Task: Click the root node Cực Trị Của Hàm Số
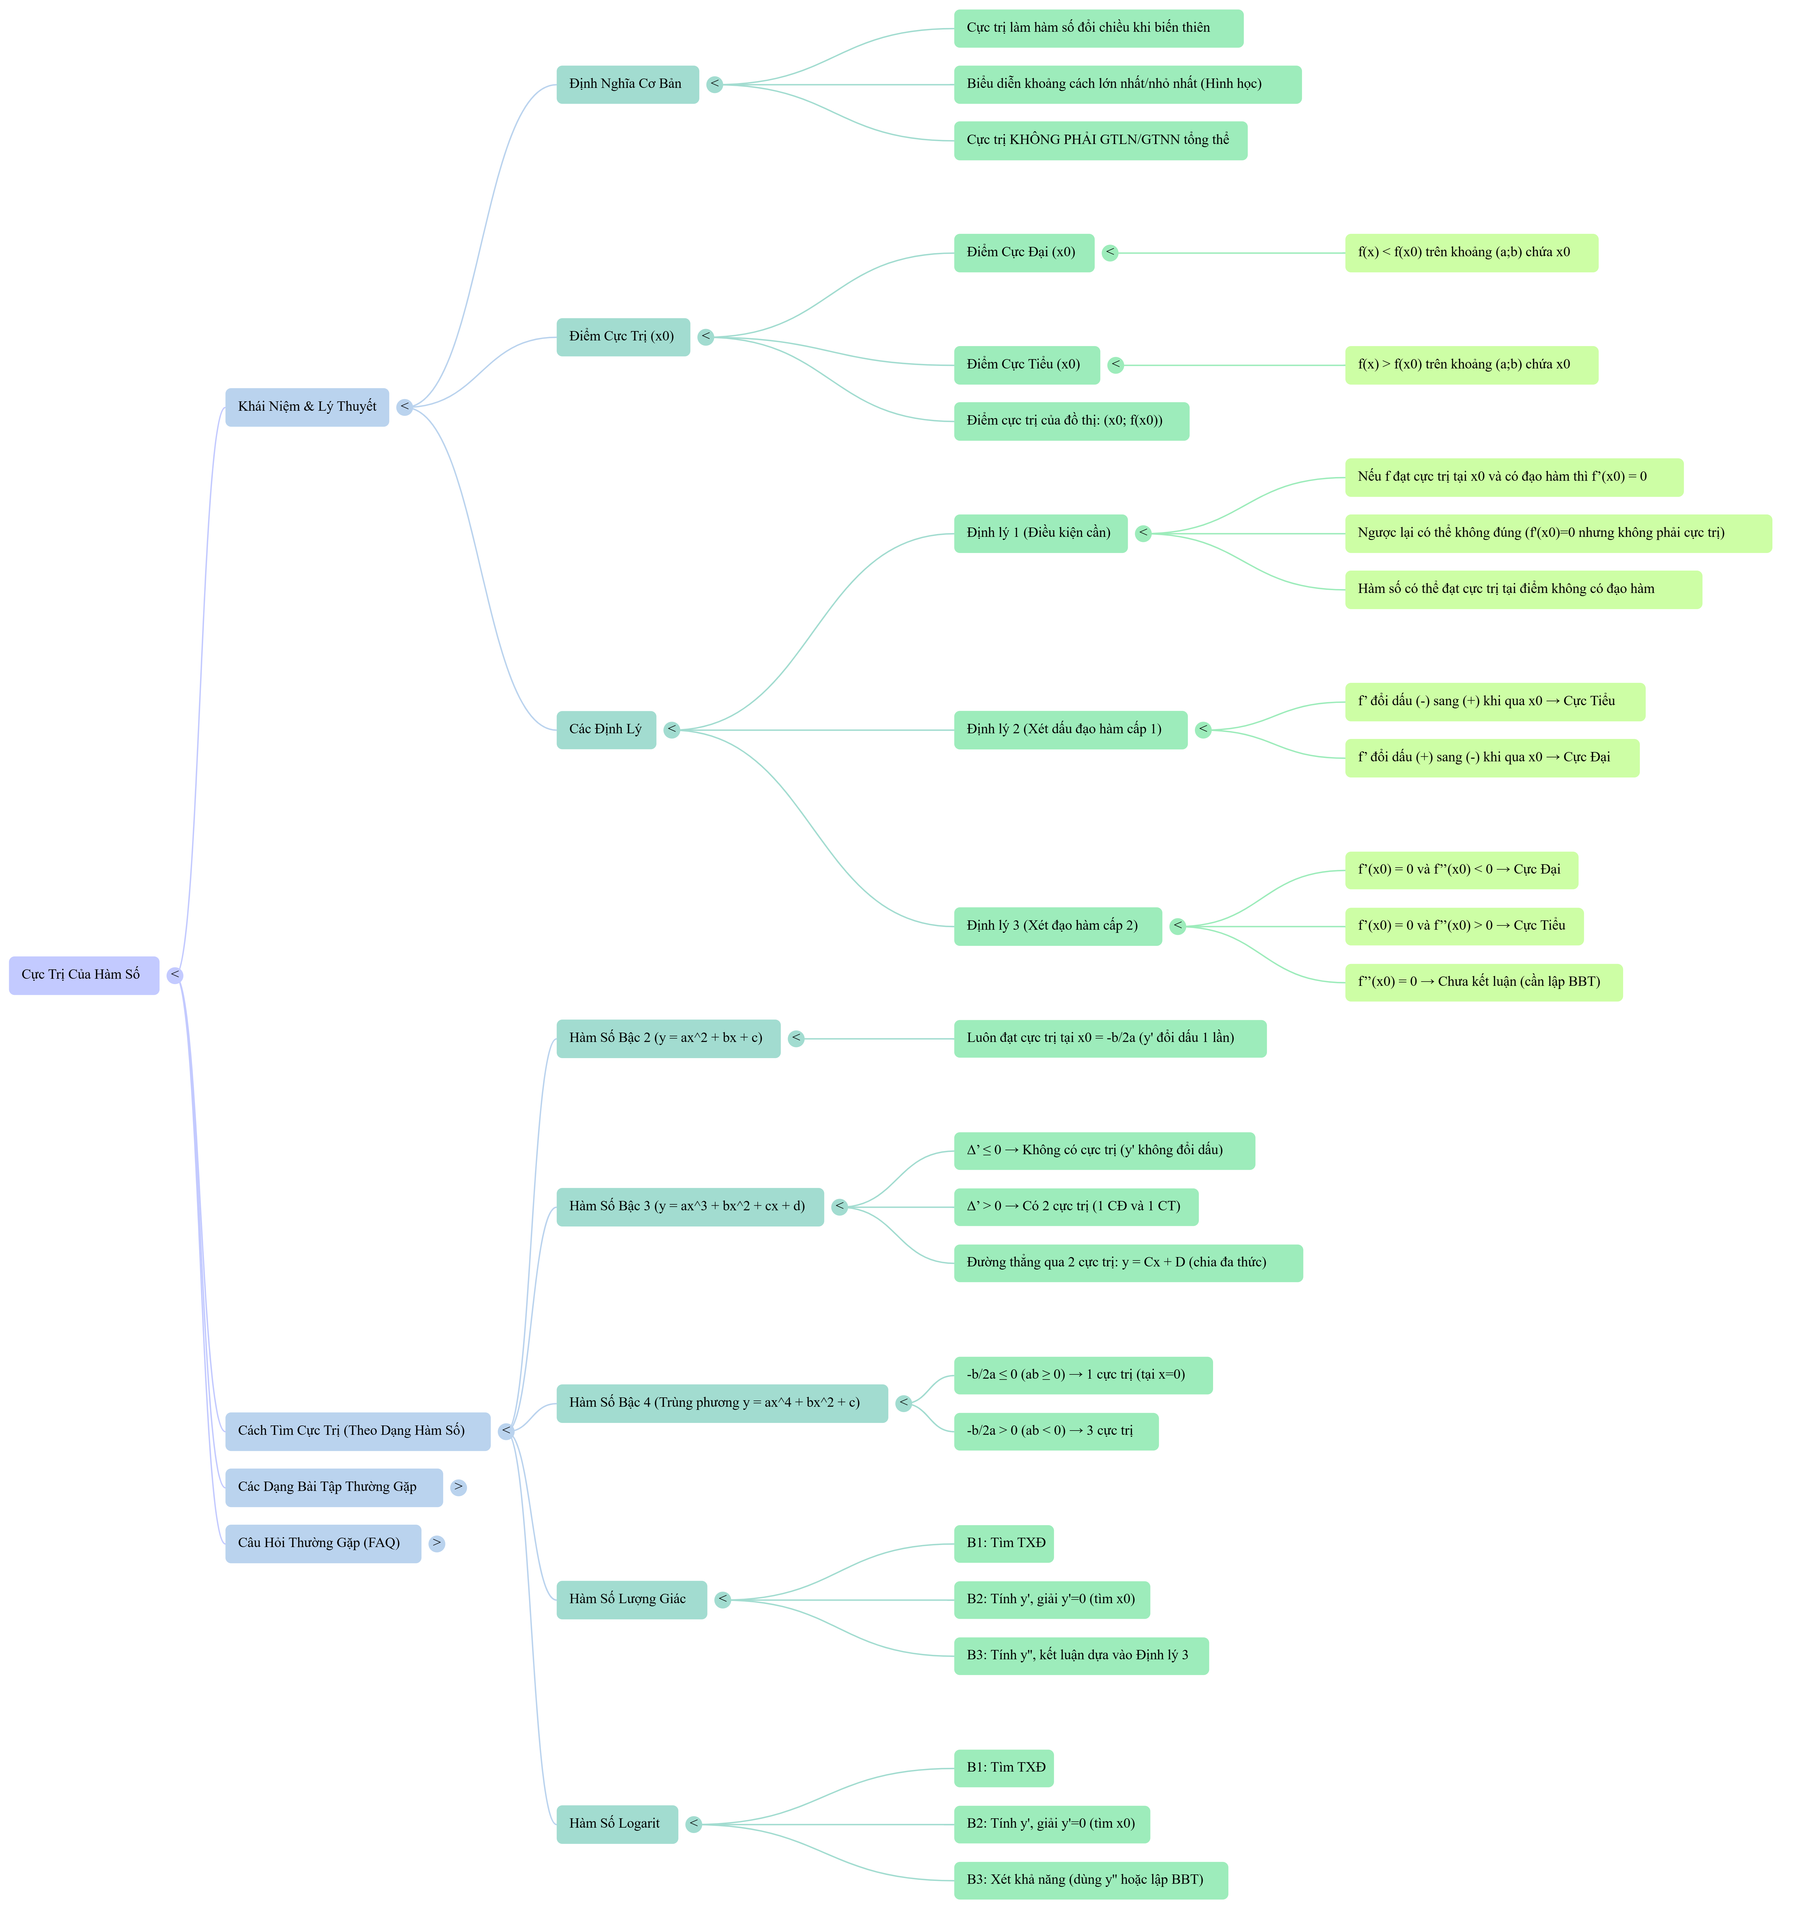(84, 975)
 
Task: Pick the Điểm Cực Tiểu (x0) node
(1026, 365)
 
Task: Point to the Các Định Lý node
(605, 729)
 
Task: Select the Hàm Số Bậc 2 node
(668, 1038)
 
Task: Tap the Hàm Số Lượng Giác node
(630, 1599)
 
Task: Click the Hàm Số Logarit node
(616, 1823)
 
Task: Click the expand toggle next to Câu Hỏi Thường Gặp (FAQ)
(437, 1543)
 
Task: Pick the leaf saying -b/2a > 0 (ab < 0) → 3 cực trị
(1056, 1431)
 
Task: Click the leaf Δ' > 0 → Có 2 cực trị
(1075, 1207)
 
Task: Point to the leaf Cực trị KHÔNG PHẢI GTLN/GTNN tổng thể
(1100, 141)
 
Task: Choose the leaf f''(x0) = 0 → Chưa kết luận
(1483, 982)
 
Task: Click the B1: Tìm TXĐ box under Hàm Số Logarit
(1004, 1768)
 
